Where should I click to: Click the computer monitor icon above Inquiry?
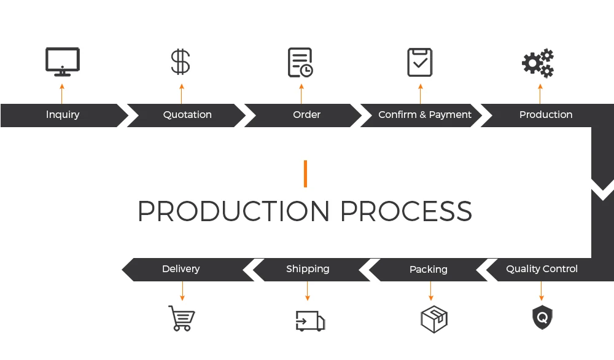[x=63, y=62]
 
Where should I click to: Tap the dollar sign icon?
[x=181, y=62]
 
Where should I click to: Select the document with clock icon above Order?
[x=300, y=63]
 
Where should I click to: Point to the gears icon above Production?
[x=538, y=63]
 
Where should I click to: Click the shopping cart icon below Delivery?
[x=182, y=318]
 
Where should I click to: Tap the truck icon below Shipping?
[x=310, y=321]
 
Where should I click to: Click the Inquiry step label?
[x=63, y=115]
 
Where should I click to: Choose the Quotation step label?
[x=187, y=115]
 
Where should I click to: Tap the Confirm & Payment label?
[x=425, y=115]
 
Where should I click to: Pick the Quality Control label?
[x=542, y=269]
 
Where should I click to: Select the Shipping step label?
[x=308, y=269]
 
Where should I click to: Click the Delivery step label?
[x=181, y=269]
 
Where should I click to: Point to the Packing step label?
[x=428, y=270]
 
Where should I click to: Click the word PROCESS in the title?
[x=406, y=211]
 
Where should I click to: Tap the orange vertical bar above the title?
[x=305, y=174]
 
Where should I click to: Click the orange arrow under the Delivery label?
[x=182, y=291]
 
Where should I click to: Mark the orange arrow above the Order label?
[x=301, y=93]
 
